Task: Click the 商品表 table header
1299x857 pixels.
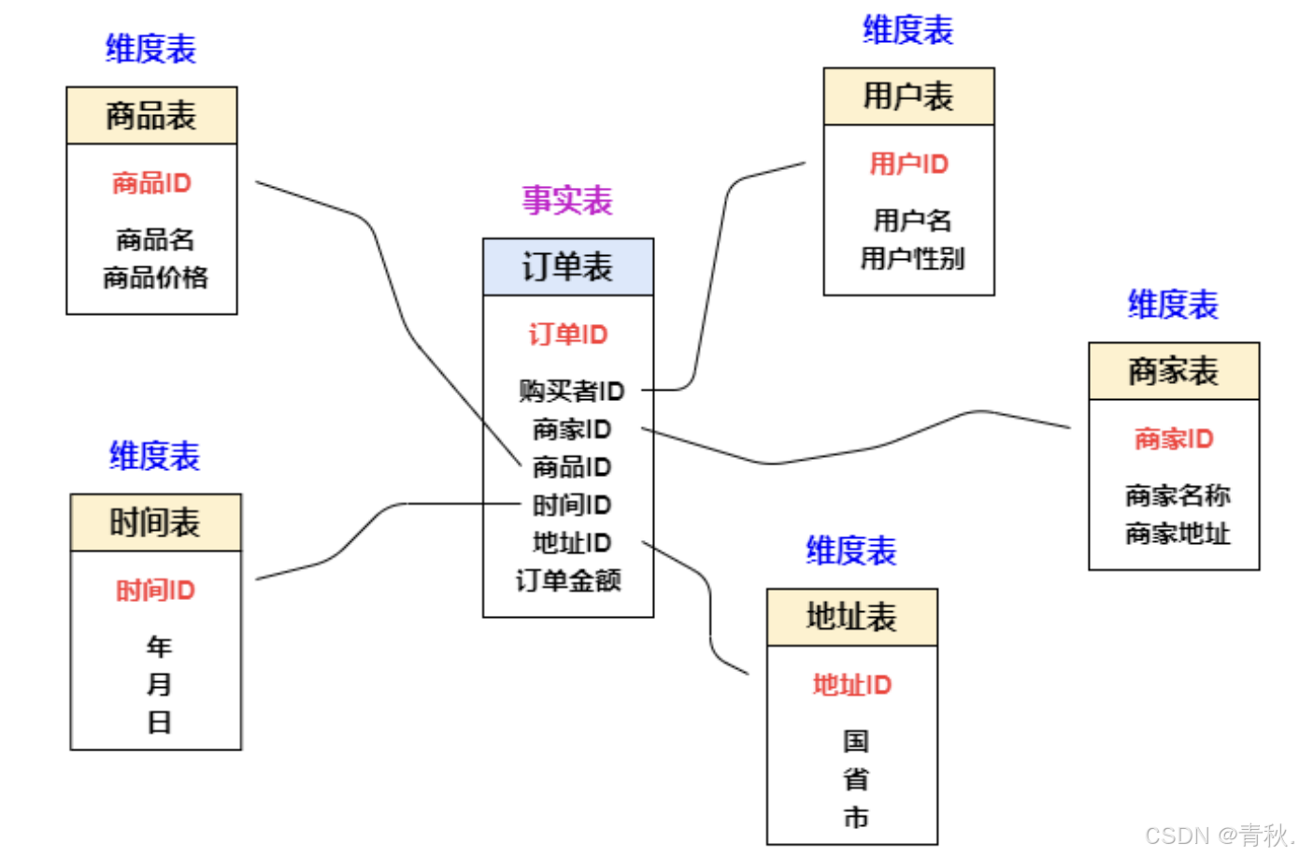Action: [151, 115]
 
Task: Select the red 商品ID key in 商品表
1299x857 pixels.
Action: [151, 182]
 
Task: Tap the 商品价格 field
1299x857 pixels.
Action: [155, 278]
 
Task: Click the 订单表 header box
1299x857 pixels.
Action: [567, 267]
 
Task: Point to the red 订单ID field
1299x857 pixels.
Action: [568, 334]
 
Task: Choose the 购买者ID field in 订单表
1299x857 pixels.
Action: [571, 391]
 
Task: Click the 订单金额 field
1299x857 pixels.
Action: [568, 580]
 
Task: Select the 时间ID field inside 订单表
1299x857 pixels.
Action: [571, 505]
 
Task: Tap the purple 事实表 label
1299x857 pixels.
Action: [566, 200]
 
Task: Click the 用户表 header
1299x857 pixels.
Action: [908, 96]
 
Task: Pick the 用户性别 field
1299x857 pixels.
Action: [912, 258]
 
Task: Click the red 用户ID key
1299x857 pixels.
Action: [908, 164]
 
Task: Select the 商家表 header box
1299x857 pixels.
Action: [1174, 371]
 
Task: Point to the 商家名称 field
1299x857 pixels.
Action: [1178, 495]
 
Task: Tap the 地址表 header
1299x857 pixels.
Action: [851, 617]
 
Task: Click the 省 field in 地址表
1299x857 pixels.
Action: [855, 778]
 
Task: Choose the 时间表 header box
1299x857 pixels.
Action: [155, 522]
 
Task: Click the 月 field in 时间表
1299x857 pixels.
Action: [159, 684]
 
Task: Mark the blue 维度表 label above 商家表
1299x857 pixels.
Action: [1173, 305]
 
